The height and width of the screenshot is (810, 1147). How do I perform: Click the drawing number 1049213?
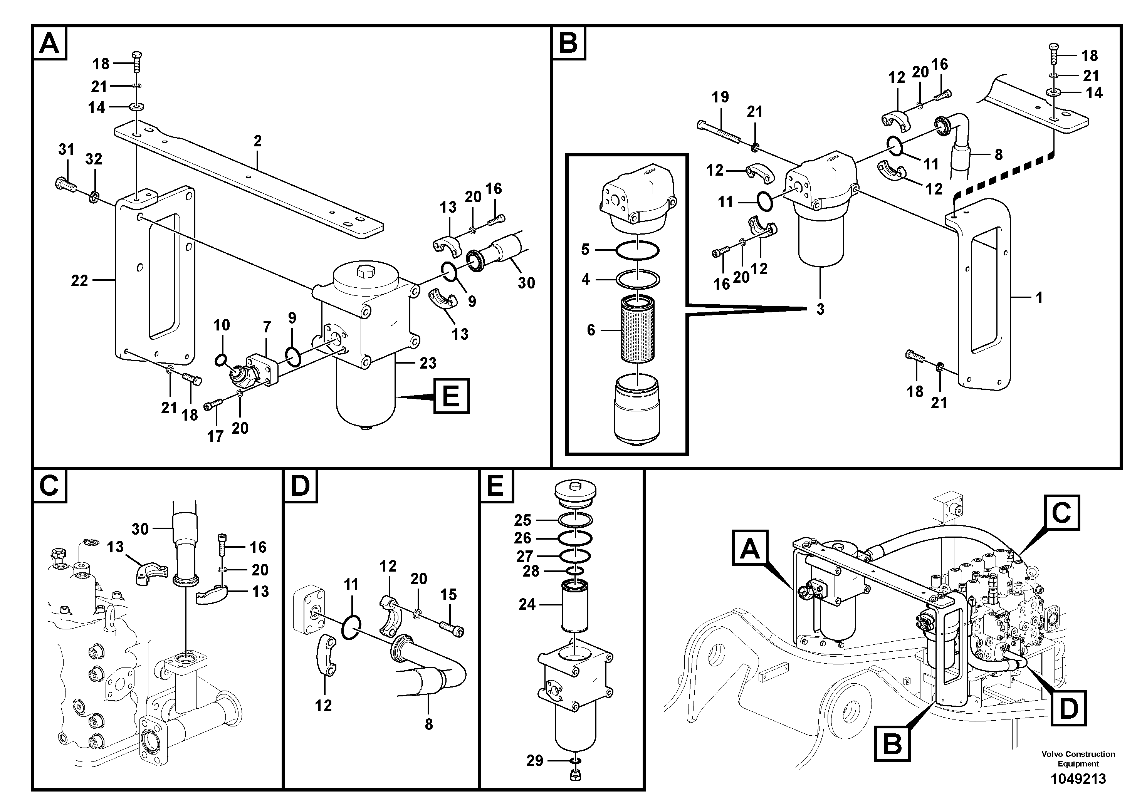coord(1078,778)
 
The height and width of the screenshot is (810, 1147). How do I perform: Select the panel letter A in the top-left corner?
coord(49,44)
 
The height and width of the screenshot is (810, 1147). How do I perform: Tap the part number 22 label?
coord(79,281)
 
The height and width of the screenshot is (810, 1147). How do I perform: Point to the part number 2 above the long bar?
coord(257,141)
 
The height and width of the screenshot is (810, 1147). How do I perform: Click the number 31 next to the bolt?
coord(66,149)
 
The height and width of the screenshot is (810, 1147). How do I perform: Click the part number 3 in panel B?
coord(820,309)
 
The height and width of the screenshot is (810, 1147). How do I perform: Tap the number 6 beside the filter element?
coord(591,330)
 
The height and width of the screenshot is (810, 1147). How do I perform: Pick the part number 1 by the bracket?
coord(1039,298)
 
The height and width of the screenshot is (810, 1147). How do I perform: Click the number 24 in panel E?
coord(527,605)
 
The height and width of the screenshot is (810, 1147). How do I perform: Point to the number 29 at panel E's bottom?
coord(534,761)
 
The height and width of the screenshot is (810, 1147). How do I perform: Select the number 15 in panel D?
coord(448,594)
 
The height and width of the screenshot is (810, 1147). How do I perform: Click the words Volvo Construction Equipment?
coord(1078,758)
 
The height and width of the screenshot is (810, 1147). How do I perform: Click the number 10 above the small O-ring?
coord(221,325)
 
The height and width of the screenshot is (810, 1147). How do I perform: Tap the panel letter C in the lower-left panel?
coord(49,485)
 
